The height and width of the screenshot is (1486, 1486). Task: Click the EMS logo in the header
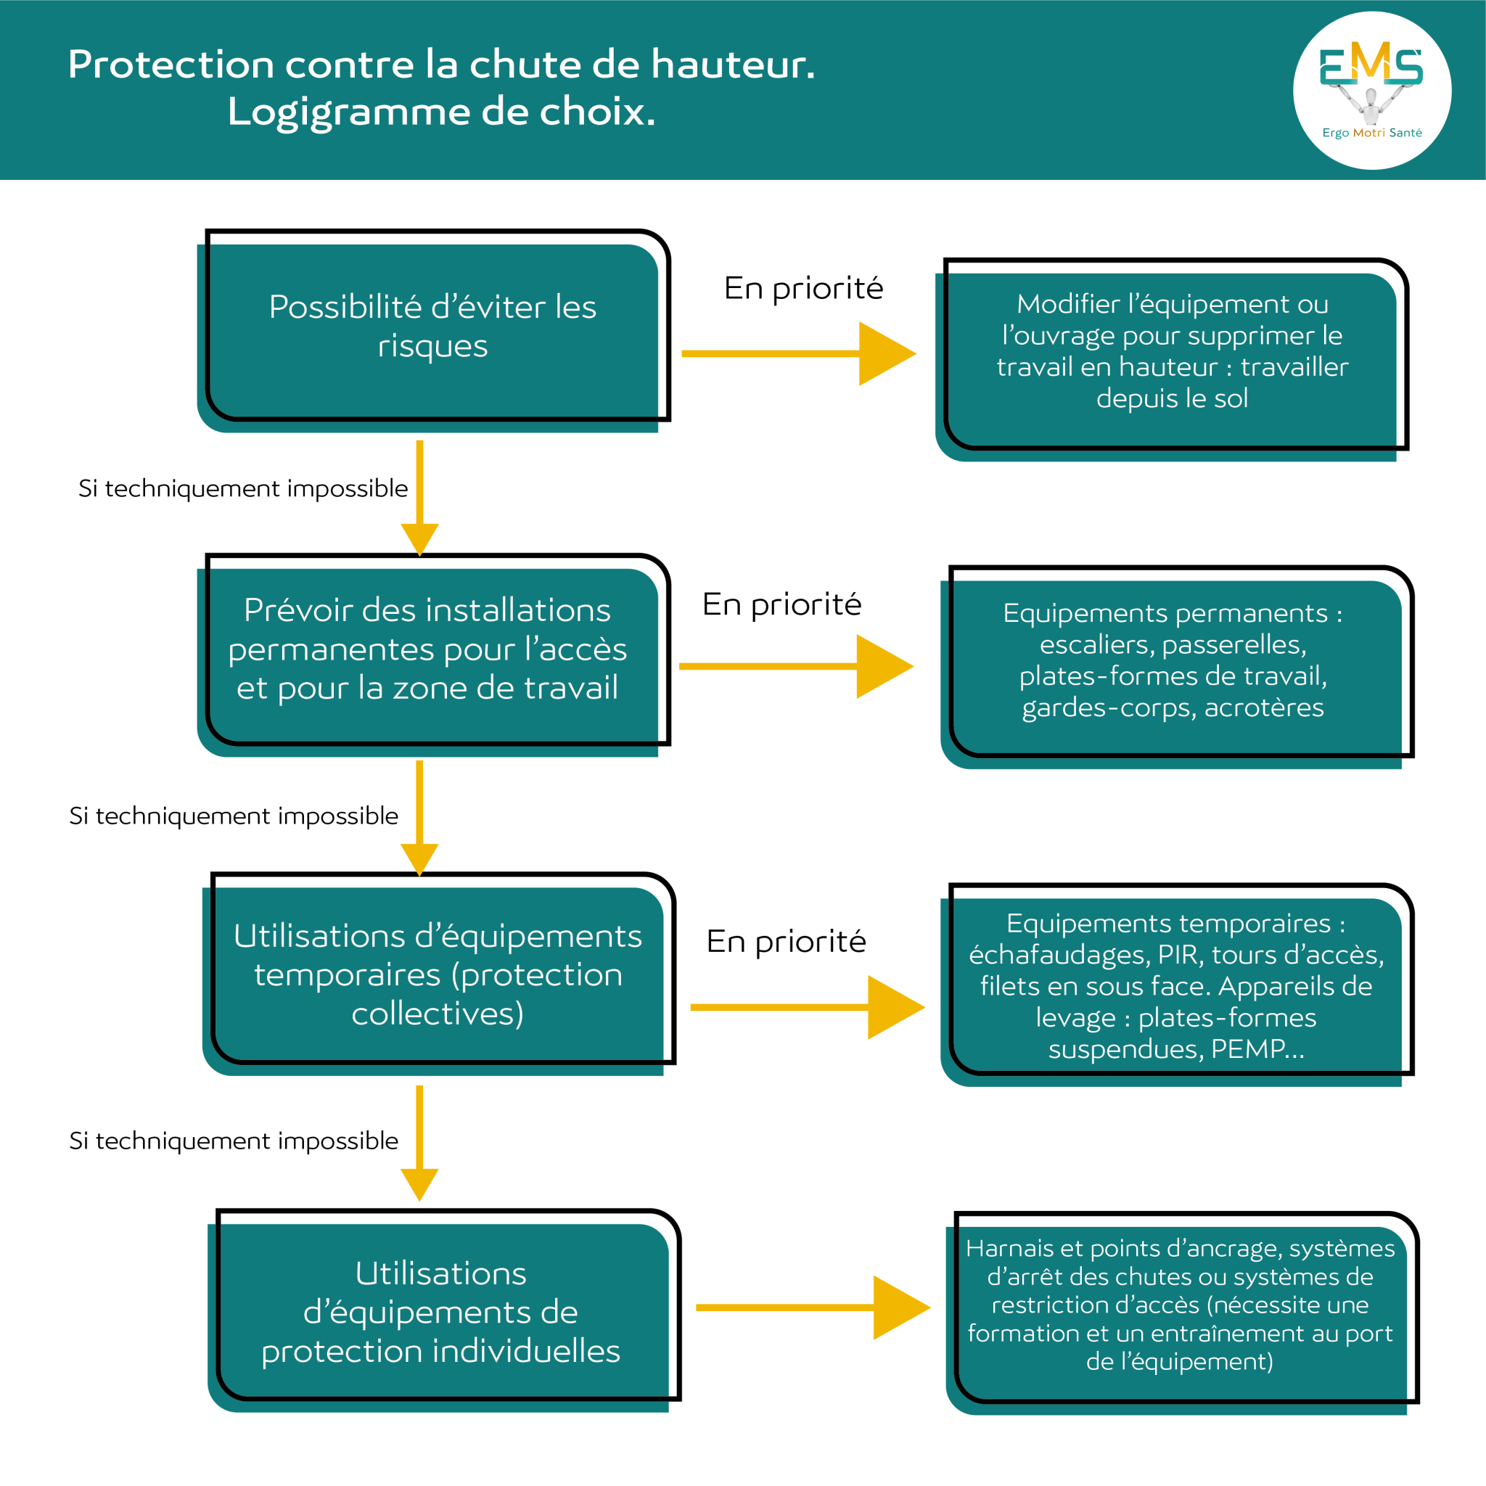click(1371, 73)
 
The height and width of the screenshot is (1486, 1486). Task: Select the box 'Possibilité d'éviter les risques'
click(432, 327)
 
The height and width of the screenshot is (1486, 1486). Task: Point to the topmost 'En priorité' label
click(803, 289)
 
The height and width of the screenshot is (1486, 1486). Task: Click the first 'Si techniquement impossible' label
click(243, 488)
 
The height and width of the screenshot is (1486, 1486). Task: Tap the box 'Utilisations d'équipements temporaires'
click(437, 974)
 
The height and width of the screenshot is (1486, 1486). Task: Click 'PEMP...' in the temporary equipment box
click(1257, 1048)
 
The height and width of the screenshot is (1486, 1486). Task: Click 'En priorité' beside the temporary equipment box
click(786, 941)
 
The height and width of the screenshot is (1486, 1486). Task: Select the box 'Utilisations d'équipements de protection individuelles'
click(440, 1312)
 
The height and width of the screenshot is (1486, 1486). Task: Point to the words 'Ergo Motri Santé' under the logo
click(1371, 133)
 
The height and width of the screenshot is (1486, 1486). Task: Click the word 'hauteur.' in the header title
click(732, 65)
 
